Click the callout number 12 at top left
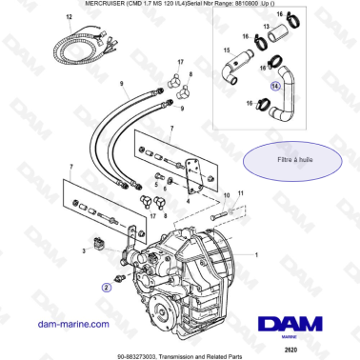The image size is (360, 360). (68, 18)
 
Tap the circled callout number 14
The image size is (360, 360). (275, 86)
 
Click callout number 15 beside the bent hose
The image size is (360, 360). (226, 49)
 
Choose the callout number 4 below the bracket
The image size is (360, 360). (189, 201)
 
